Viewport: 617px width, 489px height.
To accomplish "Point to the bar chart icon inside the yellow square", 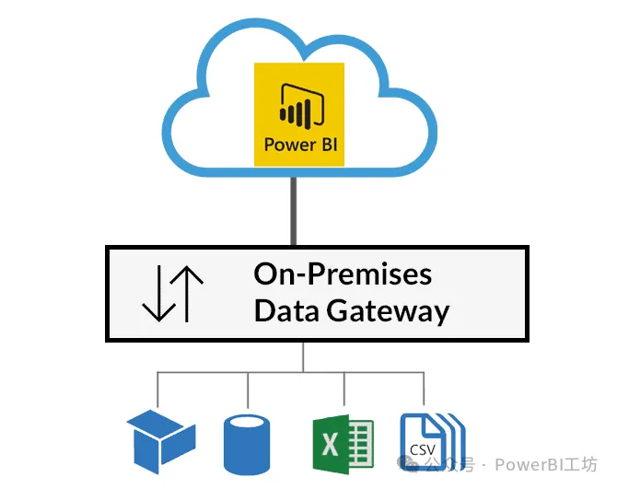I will pyautogui.click(x=297, y=107).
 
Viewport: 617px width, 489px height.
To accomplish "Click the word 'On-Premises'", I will pyautogui.click(x=343, y=274).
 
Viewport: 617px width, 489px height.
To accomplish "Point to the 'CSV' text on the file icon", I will pyautogui.click(x=423, y=450).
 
